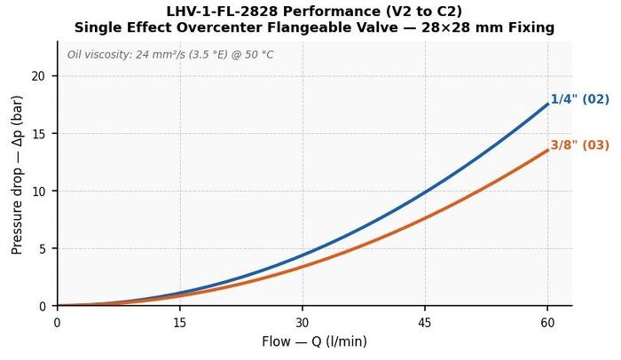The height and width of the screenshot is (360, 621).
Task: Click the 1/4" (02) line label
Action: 580,99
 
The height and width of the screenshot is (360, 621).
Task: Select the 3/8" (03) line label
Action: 580,145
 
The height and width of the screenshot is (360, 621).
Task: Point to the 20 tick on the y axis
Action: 39,76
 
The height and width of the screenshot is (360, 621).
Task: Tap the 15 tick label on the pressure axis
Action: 39,134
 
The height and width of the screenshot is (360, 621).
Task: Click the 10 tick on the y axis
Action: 39,191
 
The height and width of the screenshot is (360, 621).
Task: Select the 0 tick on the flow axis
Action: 58,323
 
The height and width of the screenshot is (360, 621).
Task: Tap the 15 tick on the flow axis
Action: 180,323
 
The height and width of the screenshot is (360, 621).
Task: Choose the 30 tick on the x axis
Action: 303,323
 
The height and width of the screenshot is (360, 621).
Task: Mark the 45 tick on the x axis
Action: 425,323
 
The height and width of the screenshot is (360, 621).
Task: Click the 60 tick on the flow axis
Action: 547,323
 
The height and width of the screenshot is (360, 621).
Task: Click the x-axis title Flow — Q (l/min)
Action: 314,341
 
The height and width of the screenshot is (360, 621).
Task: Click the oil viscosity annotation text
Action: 170,54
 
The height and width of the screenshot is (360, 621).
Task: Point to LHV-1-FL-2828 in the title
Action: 222,12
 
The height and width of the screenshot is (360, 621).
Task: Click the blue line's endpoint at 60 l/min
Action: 547,104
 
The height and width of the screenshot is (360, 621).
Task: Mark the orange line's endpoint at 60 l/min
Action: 547,150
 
